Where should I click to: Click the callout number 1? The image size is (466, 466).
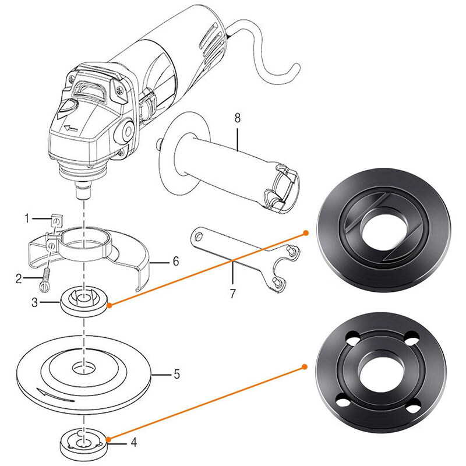(26, 219)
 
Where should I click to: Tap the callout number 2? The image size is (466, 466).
(19, 278)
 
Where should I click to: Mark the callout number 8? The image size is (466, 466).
(237, 118)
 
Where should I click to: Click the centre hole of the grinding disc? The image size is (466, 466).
(84, 367)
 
